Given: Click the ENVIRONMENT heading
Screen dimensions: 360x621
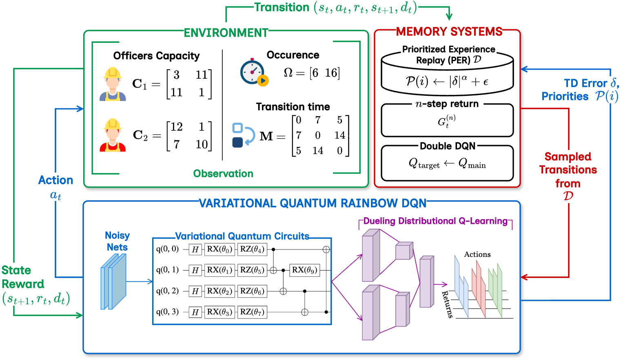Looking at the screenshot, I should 226,33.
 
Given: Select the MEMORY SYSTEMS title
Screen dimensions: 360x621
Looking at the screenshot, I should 449,31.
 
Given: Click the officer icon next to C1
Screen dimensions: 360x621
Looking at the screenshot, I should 112,84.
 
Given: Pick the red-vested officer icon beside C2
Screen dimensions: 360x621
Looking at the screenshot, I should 112,135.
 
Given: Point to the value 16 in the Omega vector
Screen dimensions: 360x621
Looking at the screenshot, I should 331,73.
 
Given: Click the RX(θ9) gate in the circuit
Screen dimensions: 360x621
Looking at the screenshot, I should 304,270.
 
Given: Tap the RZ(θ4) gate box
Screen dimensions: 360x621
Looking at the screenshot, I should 252,249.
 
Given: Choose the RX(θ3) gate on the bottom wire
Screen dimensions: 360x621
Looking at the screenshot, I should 220,312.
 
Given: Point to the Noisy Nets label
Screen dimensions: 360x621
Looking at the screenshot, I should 117,241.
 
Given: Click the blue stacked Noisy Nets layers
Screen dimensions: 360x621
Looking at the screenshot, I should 113,281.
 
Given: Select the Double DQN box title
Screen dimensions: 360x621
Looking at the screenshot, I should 448,146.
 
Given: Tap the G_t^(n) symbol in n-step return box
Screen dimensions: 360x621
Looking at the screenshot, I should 446,121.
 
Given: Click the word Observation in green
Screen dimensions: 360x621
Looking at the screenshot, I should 223,174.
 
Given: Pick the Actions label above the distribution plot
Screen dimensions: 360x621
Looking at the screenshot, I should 477,254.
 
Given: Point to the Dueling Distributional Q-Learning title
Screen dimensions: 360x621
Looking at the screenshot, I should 435,221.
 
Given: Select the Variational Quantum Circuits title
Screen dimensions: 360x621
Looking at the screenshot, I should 242,236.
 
